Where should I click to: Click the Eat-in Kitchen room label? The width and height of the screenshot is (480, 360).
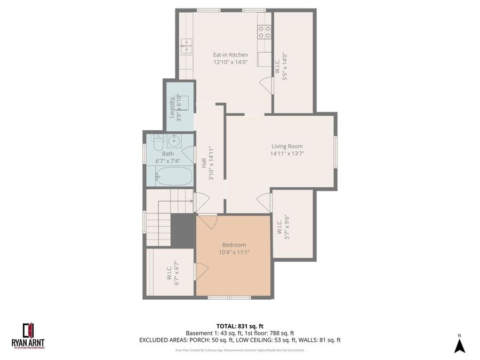(x=230, y=54)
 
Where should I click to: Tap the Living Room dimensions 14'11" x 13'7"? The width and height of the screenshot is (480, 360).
(x=287, y=154)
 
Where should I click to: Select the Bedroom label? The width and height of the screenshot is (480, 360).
(x=234, y=245)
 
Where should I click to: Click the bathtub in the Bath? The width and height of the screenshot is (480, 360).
(x=173, y=176)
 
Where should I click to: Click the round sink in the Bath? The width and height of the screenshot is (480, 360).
(x=174, y=141)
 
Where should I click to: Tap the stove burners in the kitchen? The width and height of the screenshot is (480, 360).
(x=264, y=32)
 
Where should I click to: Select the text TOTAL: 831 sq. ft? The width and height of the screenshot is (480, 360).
(x=240, y=326)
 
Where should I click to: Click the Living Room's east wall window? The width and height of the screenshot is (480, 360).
(x=335, y=151)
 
